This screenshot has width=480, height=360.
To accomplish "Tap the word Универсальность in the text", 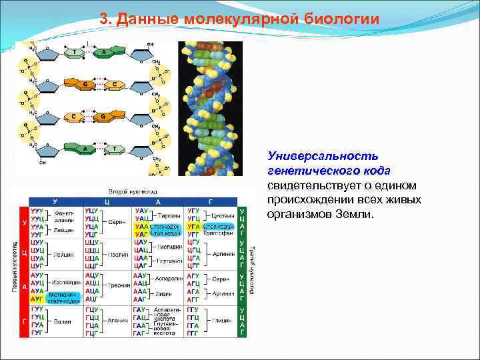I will click(323, 155).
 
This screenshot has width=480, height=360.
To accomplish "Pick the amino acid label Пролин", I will click(115, 254).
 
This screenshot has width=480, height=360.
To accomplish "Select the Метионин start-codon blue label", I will click(64, 297).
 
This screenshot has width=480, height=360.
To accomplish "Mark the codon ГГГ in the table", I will click(193, 331).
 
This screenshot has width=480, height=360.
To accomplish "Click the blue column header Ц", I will click(107, 201).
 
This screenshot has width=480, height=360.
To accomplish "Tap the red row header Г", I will click(25, 321).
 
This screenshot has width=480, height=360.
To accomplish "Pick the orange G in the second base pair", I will click(85, 85).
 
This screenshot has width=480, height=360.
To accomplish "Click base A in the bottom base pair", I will click(85, 148).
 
